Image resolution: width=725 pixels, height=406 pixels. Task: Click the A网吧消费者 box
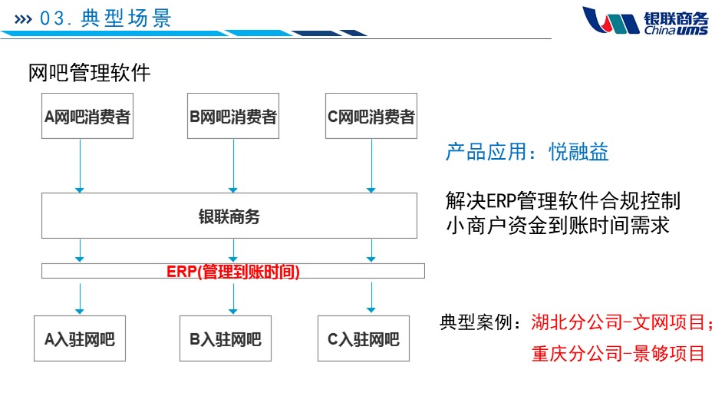(x=87, y=117)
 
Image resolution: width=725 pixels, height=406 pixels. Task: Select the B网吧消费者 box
(x=232, y=117)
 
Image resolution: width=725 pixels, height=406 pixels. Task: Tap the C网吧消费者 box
(x=371, y=117)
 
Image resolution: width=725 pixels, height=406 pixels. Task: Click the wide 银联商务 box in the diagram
(x=229, y=216)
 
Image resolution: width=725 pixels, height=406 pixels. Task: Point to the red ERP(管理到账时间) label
(x=233, y=272)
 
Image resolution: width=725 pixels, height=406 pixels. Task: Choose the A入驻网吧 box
(x=80, y=338)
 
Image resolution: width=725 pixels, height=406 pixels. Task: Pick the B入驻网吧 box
(x=226, y=338)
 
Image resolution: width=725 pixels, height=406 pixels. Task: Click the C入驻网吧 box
(x=364, y=338)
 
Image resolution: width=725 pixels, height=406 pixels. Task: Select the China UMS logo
(x=644, y=20)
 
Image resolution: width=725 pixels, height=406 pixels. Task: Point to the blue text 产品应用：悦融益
(x=527, y=152)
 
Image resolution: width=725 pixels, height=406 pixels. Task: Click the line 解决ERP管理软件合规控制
(x=562, y=201)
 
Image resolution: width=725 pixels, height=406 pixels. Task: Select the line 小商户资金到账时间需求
(x=558, y=226)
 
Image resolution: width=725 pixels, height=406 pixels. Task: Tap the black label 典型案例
(x=481, y=322)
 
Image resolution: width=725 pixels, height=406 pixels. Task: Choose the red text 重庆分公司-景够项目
(x=618, y=353)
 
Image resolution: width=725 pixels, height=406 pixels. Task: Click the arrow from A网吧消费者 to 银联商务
(x=80, y=165)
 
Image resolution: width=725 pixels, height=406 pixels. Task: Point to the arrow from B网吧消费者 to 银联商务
(x=232, y=165)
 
